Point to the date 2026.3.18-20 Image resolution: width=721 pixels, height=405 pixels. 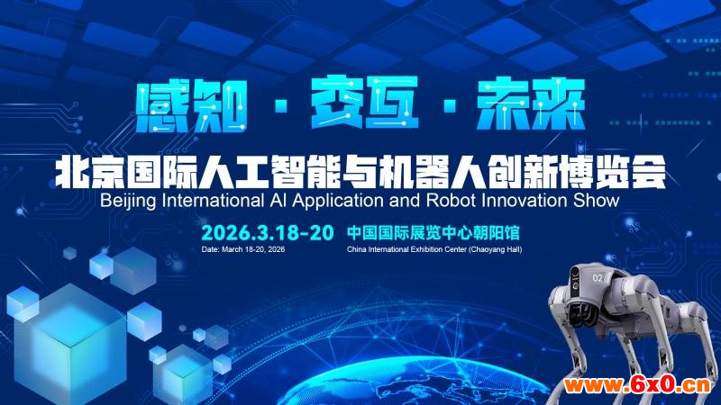coord(267,233)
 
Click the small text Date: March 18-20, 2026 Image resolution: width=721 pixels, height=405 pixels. coord(242,249)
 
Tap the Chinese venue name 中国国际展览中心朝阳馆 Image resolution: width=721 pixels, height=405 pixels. coord(434,233)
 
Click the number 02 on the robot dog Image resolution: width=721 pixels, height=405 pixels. coord(598,278)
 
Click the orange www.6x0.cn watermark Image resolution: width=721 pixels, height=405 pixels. coord(637,385)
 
